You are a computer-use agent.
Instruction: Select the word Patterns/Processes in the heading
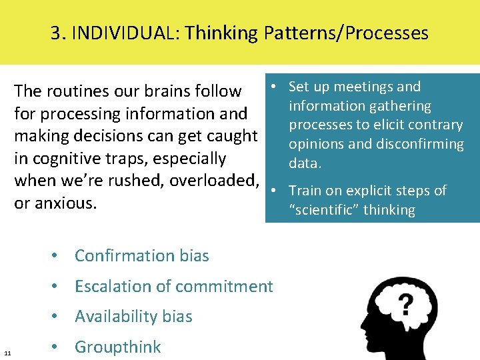click(346, 33)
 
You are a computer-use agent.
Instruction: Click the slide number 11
click(7, 352)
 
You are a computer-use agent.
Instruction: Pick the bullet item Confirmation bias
click(141, 255)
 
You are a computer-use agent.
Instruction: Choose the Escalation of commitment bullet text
click(173, 286)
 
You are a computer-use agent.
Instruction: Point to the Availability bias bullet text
click(133, 317)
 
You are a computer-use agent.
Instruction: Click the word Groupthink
click(117, 347)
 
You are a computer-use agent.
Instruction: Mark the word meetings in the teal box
click(364, 87)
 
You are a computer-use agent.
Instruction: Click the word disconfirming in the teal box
click(423, 144)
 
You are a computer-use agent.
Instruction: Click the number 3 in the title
click(55, 33)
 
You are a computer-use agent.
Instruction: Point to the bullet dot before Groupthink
click(59, 347)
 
